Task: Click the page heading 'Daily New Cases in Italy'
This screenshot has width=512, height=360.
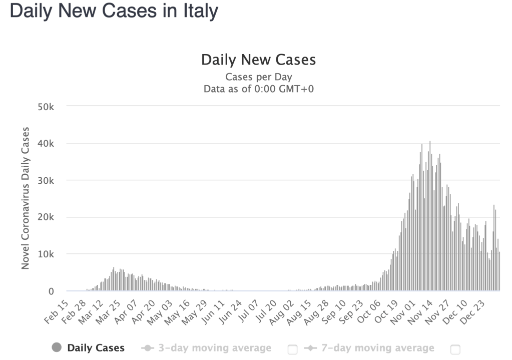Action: (114, 11)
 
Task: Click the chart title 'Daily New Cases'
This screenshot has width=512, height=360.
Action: (258, 60)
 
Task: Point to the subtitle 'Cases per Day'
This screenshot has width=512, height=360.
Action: (258, 77)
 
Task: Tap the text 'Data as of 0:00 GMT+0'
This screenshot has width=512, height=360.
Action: (258, 89)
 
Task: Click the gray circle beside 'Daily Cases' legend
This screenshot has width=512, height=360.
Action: (57, 348)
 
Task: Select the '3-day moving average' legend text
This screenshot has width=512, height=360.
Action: (215, 348)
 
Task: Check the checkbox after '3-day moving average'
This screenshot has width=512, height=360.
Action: (293, 349)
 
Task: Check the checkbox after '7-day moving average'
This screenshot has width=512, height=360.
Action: (455, 349)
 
